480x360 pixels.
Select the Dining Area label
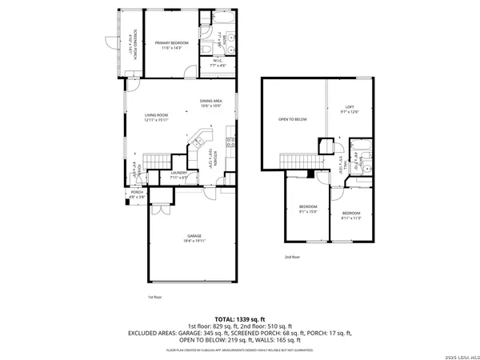click(x=211, y=102)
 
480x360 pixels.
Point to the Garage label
click(x=194, y=238)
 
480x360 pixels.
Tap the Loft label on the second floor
click(x=350, y=110)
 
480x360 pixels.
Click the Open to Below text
click(x=293, y=119)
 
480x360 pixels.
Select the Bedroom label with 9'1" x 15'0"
click(x=308, y=210)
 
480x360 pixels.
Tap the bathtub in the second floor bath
click(x=360, y=145)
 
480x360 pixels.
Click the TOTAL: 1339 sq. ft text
click(x=240, y=318)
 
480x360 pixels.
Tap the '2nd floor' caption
click(x=292, y=257)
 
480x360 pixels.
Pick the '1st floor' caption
click(x=154, y=297)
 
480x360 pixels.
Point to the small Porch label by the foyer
click(x=137, y=194)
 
